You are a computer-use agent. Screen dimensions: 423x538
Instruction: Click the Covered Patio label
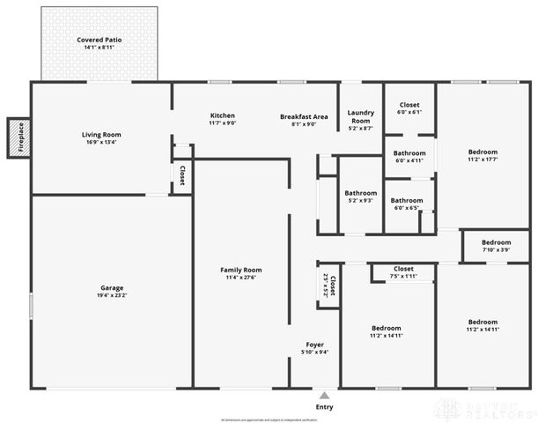click(x=99, y=40)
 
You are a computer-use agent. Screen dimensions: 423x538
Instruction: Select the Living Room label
click(x=101, y=135)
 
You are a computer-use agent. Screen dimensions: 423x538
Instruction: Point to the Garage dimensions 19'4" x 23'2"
click(x=112, y=296)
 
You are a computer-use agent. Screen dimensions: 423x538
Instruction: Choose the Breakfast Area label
click(x=304, y=116)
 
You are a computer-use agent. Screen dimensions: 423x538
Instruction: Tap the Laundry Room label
click(x=361, y=116)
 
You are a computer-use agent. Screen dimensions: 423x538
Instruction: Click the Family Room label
click(x=240, y=270)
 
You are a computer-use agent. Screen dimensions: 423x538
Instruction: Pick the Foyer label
click(x=314, y=344)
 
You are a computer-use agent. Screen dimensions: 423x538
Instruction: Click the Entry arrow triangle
click(x=325, y=396)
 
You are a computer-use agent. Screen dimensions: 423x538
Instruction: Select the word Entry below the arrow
click(x=325, y=407)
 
